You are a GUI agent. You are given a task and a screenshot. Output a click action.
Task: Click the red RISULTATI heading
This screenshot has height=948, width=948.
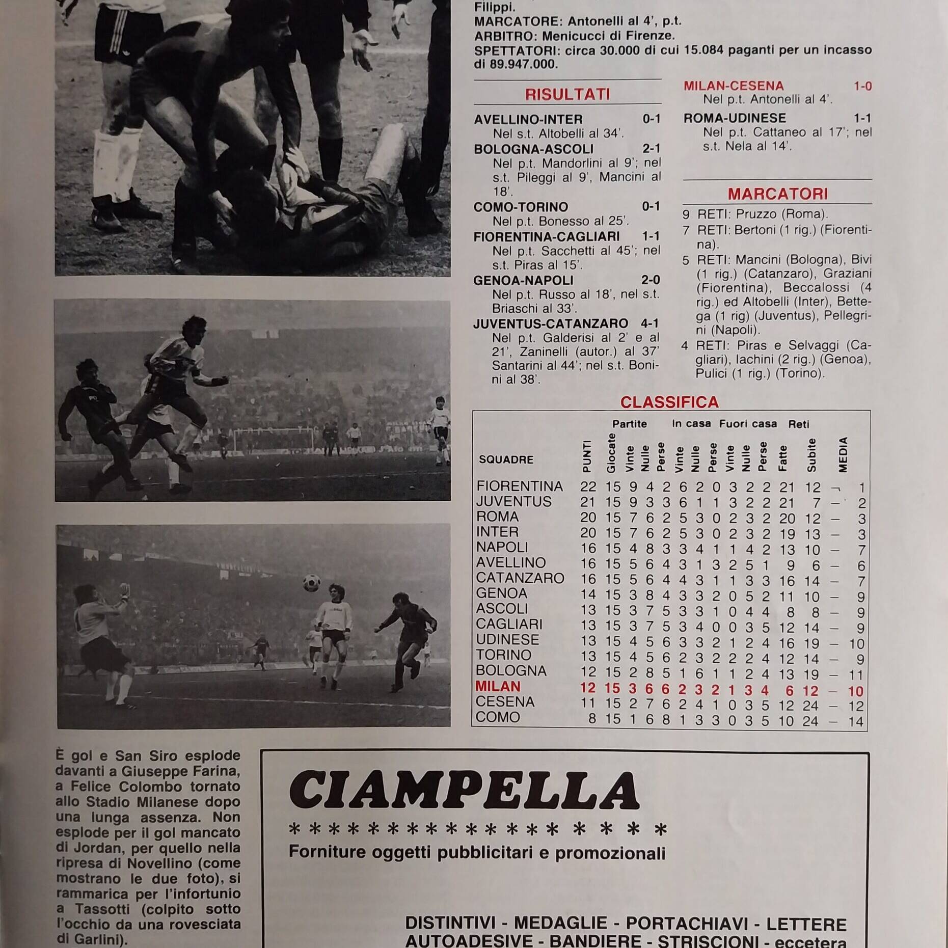point(567,94)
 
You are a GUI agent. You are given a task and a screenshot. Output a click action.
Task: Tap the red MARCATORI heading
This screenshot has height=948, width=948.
point(777,194)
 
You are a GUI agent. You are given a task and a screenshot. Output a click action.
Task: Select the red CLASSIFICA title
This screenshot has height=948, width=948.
point(669,402)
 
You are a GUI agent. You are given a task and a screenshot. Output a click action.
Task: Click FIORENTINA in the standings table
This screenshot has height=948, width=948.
point(520,486)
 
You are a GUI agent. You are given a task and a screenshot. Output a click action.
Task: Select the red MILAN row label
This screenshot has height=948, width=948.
point(498,687)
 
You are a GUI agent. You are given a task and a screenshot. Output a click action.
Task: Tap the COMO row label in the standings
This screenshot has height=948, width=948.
point(498,717)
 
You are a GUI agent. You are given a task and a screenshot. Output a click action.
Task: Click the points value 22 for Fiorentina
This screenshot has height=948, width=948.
point(588,487)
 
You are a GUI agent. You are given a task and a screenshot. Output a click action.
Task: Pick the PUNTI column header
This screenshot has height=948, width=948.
point(587,457)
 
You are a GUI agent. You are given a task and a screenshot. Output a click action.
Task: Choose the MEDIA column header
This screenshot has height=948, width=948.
point(843,454)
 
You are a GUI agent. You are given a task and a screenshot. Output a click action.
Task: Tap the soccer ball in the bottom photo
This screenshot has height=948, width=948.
point(311,583)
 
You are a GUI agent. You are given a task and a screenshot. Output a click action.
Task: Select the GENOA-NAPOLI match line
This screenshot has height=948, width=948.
point(523,280)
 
